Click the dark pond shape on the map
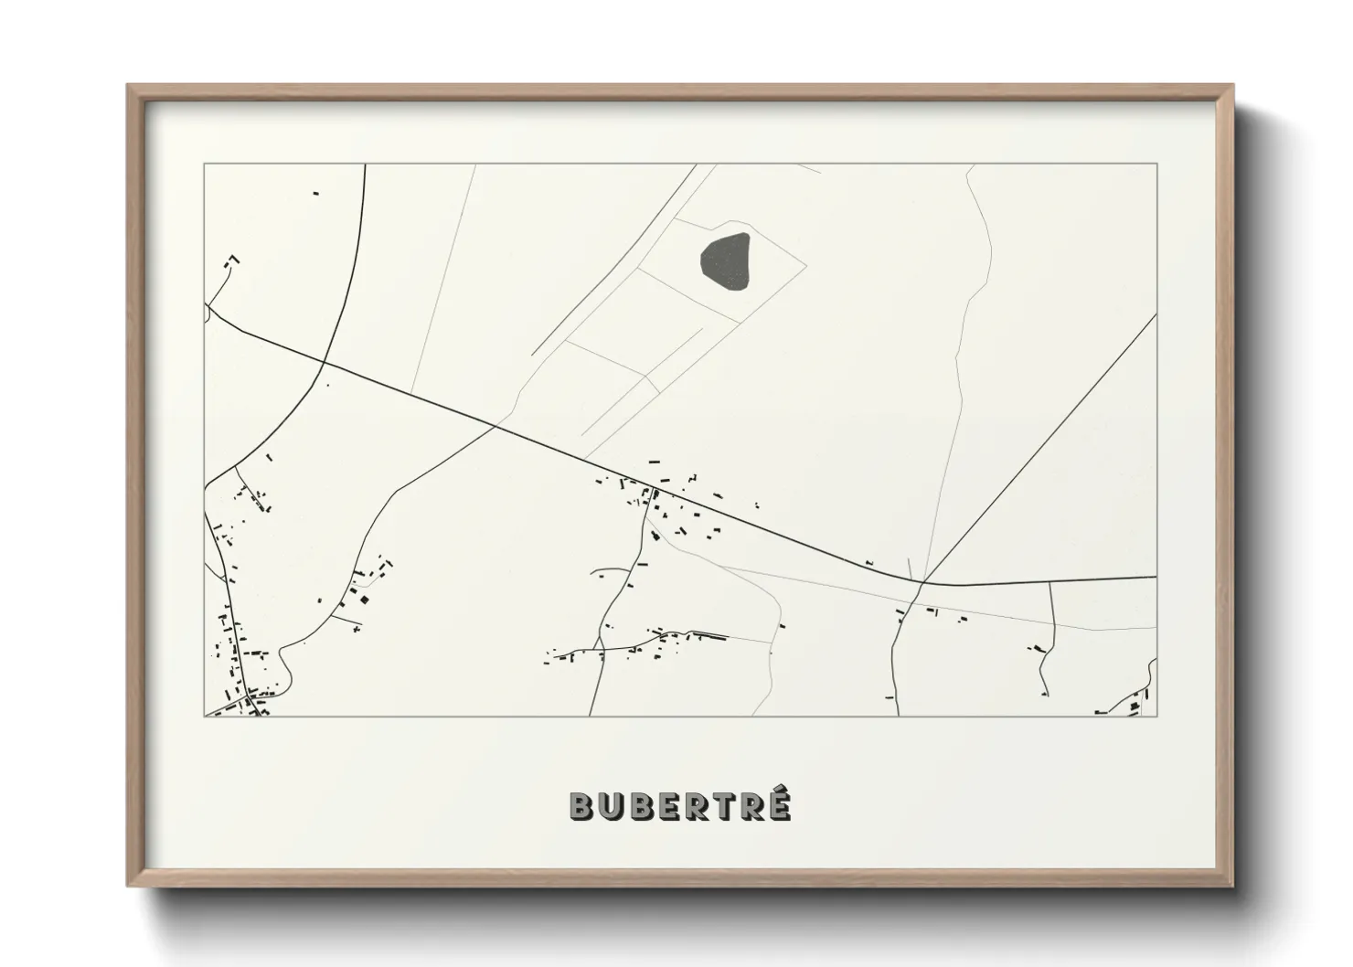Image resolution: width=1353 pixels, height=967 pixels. (725, 260)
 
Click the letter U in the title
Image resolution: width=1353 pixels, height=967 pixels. (613, 806)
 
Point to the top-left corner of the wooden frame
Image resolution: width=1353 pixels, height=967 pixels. (129, 86)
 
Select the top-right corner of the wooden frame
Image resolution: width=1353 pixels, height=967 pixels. (1232, 86)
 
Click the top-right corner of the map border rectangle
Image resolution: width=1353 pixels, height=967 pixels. (1156, 165)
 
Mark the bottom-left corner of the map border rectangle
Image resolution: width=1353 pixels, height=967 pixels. (205, 716)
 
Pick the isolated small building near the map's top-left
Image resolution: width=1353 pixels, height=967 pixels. (316, 194)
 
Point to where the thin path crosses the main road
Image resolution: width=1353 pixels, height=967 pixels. (496, 425)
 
